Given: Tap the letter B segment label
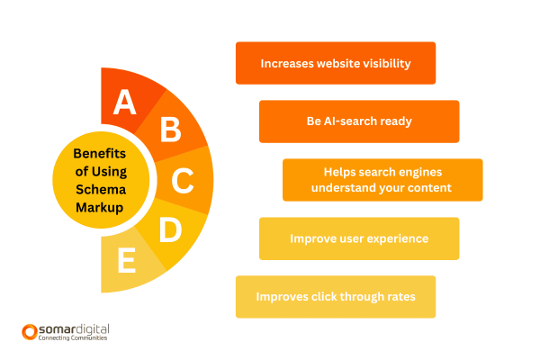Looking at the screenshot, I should (169, 130).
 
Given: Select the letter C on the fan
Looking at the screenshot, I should (183, 181).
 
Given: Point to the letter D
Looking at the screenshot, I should (169, 230).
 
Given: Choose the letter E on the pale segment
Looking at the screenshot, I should (126, 262).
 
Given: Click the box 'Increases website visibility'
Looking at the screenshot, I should (335, 64).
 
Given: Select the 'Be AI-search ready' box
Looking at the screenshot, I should (359, 121).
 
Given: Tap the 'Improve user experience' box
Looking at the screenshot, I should (359, 239).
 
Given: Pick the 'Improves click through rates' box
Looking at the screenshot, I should (335, 297).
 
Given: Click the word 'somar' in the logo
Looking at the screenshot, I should (58, 329).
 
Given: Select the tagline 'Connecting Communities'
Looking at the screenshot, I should (73, 338).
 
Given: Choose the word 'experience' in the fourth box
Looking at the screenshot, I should (395, 239).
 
